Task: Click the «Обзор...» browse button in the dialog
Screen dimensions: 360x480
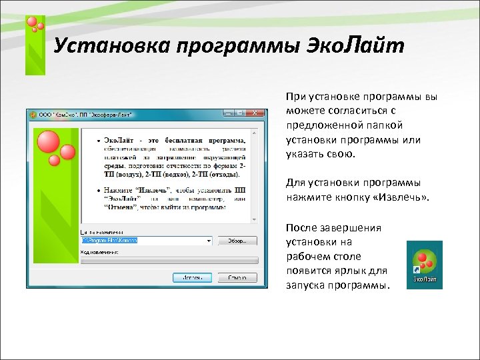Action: (237, 240)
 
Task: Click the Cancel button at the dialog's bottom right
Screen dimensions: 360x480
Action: (237, 277)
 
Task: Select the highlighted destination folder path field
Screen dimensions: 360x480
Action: (143, 240)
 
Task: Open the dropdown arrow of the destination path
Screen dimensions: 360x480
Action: (209, 240)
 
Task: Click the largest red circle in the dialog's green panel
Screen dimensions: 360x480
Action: (49, 142)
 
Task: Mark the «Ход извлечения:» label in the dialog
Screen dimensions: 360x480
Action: (100, 253)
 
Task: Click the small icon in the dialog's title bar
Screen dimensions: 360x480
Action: (32, 114)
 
